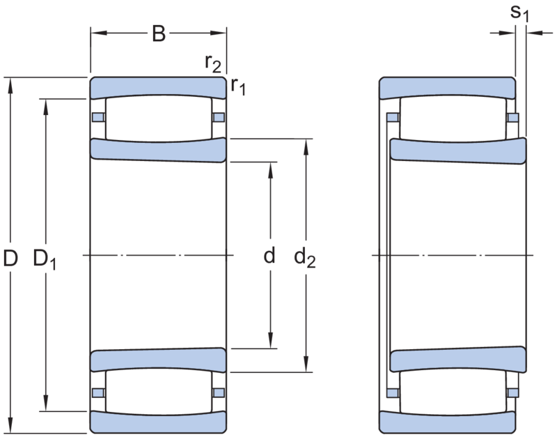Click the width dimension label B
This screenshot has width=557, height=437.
point(159,33)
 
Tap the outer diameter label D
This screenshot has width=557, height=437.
point(10,258)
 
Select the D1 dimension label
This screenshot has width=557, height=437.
point(45,259)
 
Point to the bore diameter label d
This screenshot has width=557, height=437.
point(269,255)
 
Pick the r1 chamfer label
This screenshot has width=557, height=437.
point(238,86)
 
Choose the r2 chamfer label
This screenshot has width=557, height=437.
point(213,63)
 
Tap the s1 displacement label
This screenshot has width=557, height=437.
point(519,13)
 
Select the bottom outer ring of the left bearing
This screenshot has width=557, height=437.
point(158,422)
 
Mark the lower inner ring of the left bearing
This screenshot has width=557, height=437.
point(158,360)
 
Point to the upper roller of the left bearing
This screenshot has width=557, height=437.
point(159,118)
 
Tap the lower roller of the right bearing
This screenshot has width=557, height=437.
point(453,392)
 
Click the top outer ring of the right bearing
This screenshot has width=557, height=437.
point(448,86)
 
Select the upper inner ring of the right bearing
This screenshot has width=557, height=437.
point(458,151)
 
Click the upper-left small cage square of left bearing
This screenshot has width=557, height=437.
point(98,117)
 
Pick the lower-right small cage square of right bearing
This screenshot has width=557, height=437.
point(512,393)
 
